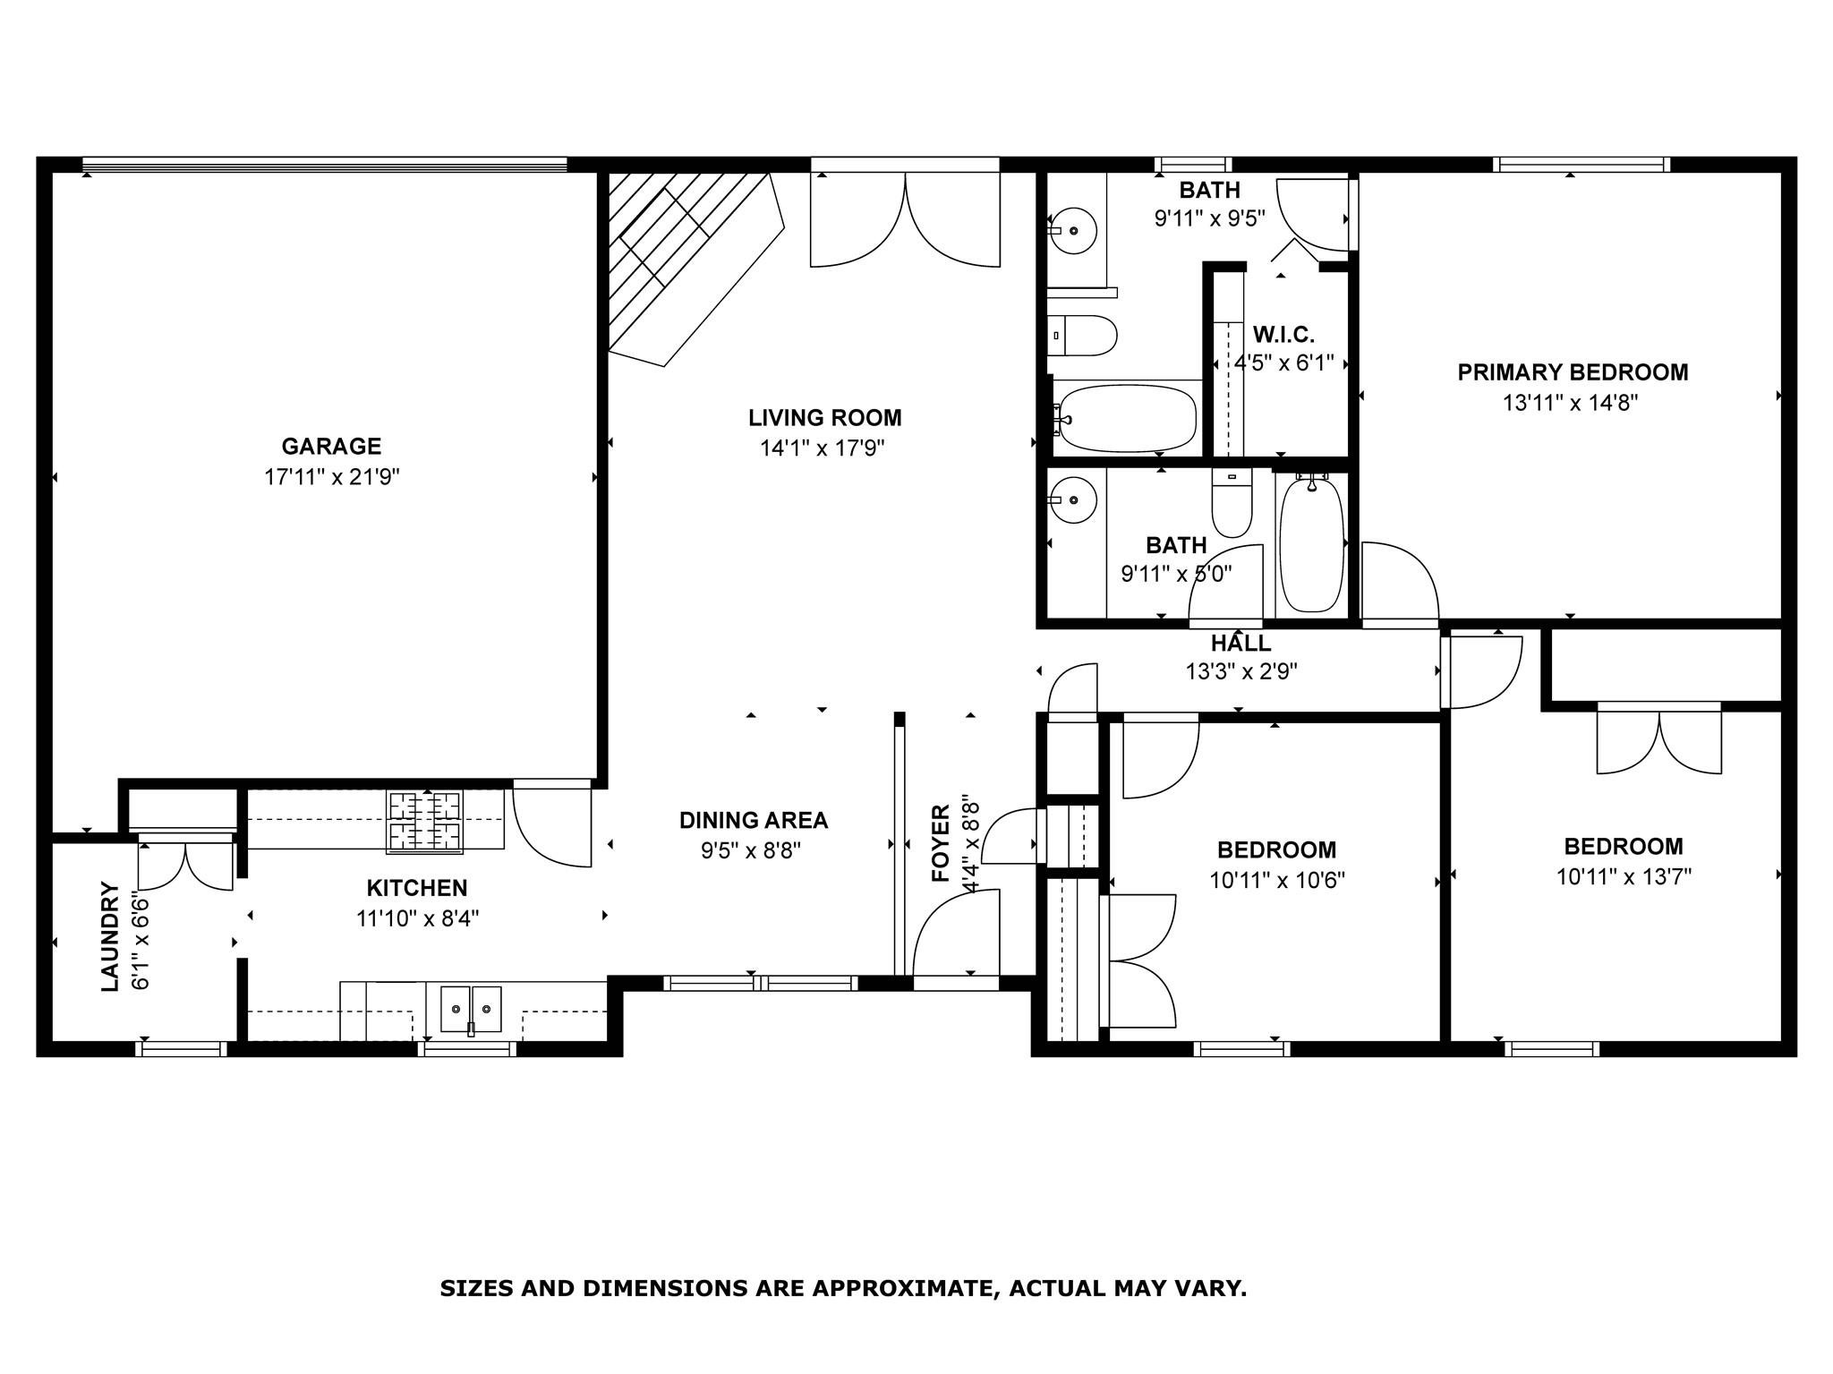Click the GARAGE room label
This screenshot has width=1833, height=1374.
pos(331,446)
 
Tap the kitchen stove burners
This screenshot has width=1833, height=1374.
pos(425,820)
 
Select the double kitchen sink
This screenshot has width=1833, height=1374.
pos(472,1009)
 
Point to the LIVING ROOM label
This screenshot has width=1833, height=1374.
pos(825,418)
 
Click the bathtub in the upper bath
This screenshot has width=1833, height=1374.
pos(1126,418)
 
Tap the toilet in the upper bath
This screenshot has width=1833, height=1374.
pos(1083,337)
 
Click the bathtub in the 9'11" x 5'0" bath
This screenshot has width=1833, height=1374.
pos(1311,544)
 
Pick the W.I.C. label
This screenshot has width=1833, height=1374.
pos(1283,336)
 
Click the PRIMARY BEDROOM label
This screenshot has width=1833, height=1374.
pos(1573,372)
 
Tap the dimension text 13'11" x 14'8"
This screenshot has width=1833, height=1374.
pos(1570,403)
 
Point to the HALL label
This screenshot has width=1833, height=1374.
pos(1240,643)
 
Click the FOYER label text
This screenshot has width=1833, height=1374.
pos(941,843)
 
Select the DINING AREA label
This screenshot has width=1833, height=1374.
pos(754,820)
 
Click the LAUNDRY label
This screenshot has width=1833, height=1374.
pos(110,936)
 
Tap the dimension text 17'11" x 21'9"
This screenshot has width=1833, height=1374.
pos(331,476)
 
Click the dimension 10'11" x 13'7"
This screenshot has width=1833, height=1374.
pos(1624,876)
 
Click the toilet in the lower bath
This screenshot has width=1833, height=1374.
pos(1232,504)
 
